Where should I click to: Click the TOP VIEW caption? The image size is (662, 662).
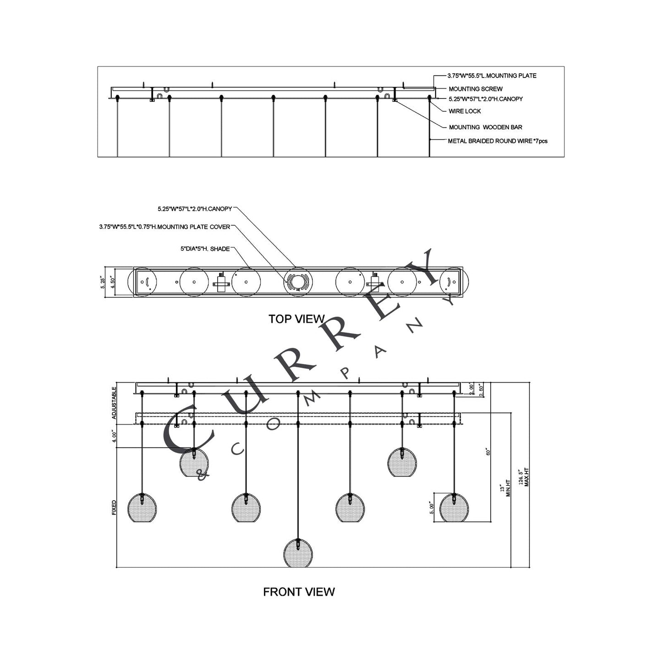click(296, 319)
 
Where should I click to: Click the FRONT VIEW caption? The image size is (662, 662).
click(299, 592)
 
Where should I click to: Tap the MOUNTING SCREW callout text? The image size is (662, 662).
click(475, 89)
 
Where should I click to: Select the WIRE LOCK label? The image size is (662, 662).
click(465, 111)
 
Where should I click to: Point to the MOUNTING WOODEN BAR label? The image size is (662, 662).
click(485, 127)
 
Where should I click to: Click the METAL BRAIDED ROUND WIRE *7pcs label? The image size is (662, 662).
click(497, 141)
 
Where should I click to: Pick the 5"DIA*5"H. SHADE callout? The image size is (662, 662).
click(205, 249)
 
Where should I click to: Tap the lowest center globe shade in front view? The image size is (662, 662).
click(298, 553)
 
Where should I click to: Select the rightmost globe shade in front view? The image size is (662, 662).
click(454, 508)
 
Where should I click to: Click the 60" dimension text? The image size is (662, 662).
click(488, 451)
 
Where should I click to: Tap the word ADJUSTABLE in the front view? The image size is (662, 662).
click(114, 403)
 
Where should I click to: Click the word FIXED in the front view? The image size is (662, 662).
click(114, 507)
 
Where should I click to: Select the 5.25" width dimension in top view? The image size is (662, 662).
click(104, 282)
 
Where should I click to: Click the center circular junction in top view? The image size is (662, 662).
click(298, 281)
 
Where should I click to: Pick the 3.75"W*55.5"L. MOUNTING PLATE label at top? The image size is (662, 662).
click(492, 76)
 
